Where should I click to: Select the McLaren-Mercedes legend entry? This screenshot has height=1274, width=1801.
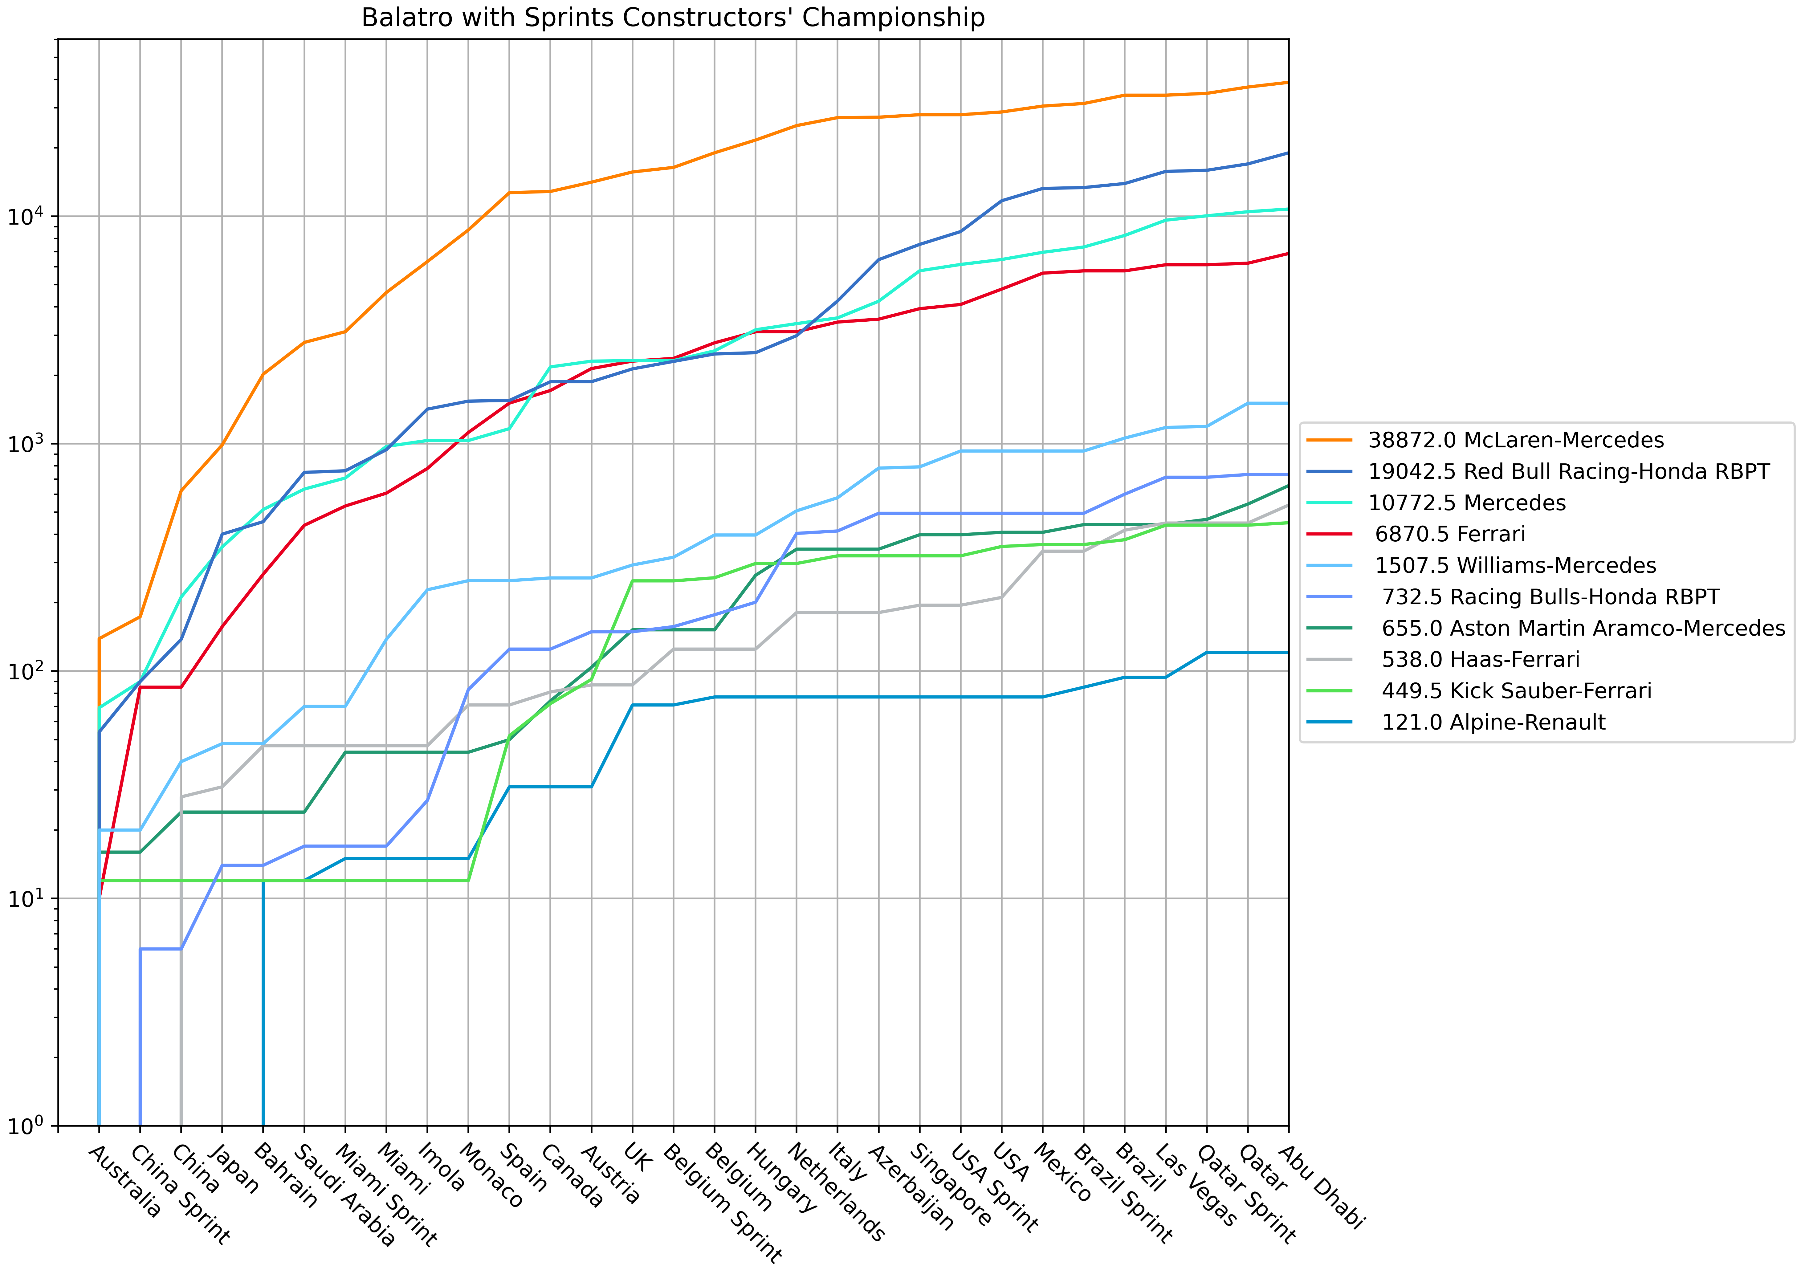[x=1515, y=440]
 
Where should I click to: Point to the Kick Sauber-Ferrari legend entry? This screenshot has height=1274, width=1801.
[x=1515, y=691]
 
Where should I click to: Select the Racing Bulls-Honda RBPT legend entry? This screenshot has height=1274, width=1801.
[x=1549, y=597]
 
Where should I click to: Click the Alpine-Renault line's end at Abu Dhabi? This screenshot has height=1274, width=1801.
[x=1287, y=652]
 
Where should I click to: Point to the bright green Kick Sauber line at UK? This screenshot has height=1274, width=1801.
[x=632, y=580]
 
